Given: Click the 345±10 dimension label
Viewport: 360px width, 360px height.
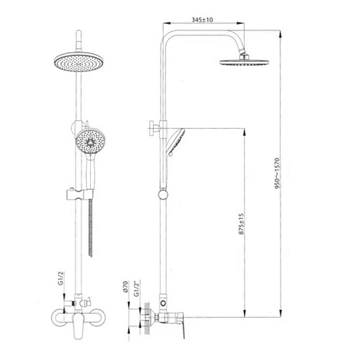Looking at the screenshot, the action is (202, 20).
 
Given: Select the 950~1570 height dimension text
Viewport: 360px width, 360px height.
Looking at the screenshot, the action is (277, 173).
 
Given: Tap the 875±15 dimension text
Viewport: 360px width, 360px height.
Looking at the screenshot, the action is (241, 224).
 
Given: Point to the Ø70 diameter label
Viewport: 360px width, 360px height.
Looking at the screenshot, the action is (125, 287).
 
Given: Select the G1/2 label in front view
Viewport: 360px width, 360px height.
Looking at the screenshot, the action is (61, 278).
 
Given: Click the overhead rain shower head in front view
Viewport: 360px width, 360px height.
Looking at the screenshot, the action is (79, 62).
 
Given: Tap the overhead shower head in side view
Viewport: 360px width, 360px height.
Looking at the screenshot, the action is (244, 62).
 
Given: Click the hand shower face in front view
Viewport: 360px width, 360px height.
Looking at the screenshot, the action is (91, 141).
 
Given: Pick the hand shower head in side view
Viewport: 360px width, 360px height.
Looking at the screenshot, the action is (175, 142).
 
